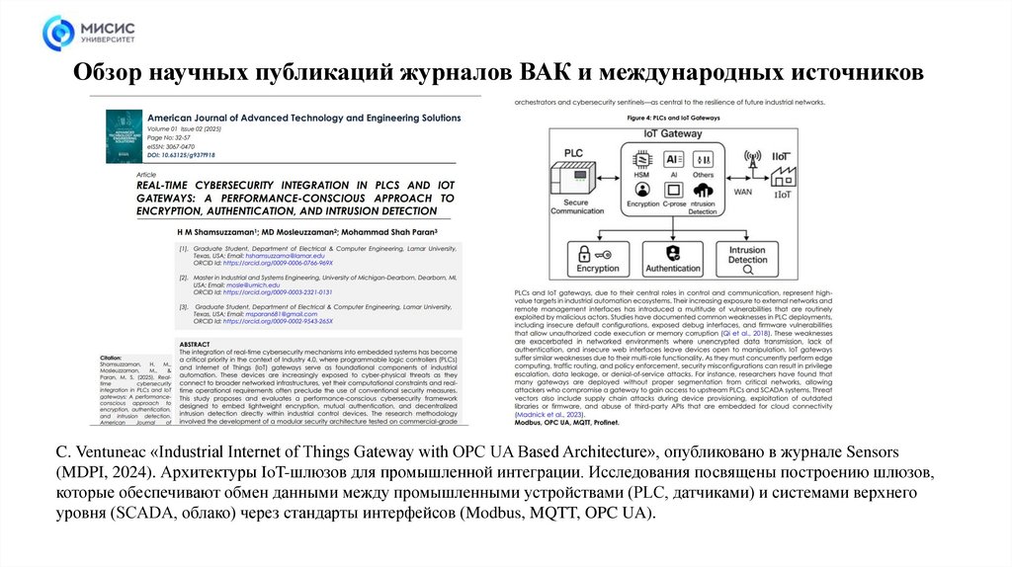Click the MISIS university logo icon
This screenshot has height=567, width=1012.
[x=58, y=32]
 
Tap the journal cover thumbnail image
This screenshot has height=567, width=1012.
[x=123, y=139]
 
